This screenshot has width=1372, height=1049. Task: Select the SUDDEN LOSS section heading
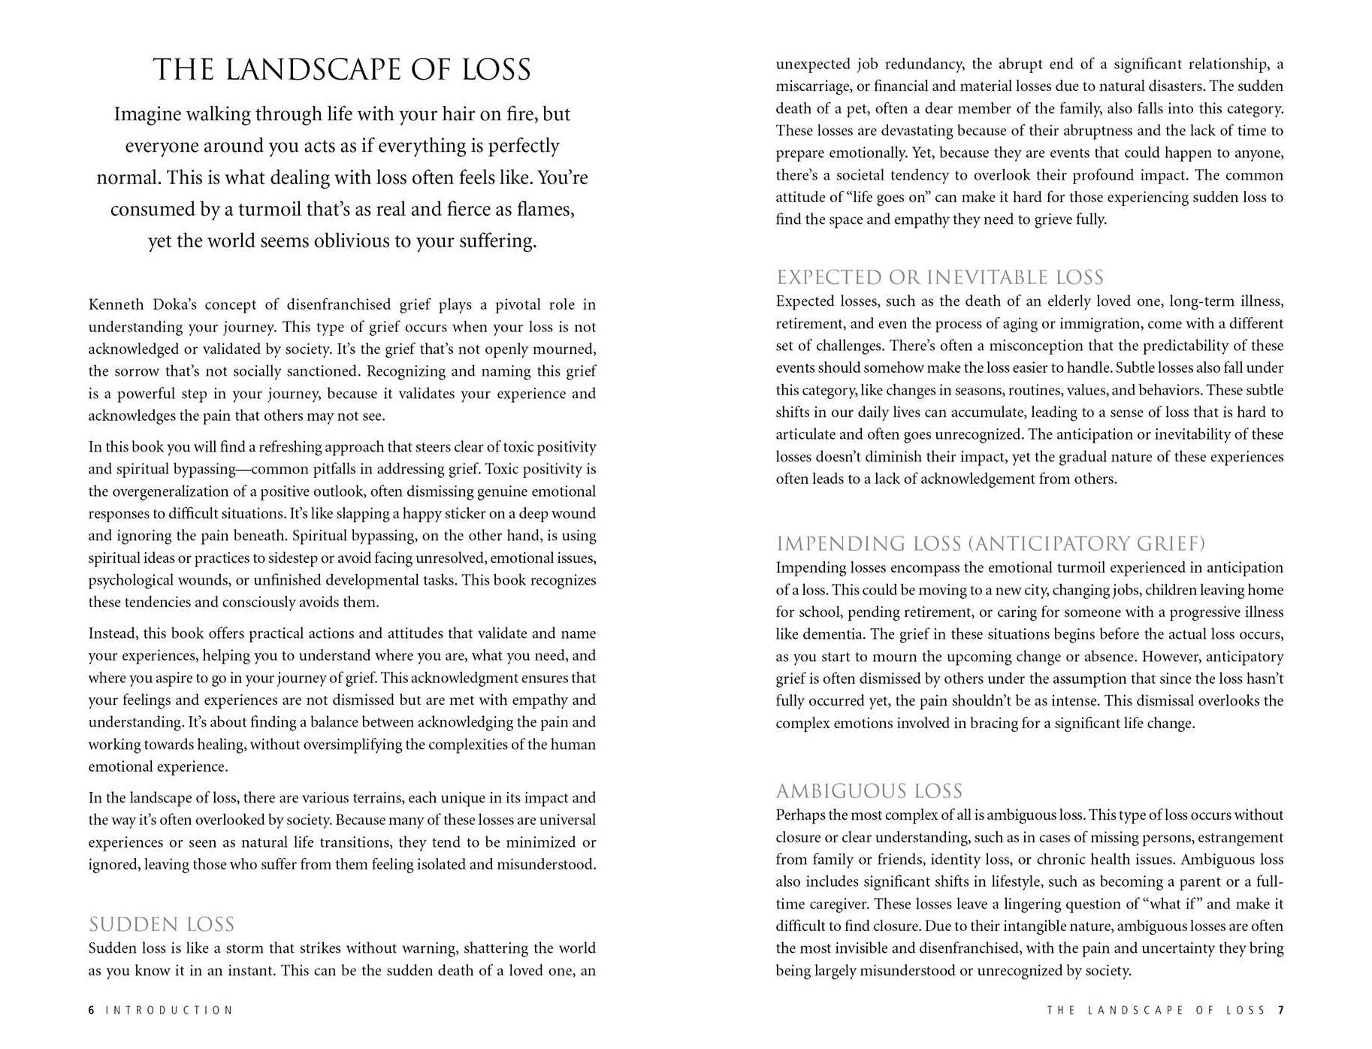(x=162, y=924)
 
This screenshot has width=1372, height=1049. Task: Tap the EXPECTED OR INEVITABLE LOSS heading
(x=940, y=277)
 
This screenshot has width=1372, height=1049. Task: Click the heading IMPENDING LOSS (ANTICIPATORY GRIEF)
(x=990, y=543)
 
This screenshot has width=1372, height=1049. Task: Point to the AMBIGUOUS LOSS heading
(x=869, y=791)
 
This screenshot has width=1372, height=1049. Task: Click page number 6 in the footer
(x=92, y=1011)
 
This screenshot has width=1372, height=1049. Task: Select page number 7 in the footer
(x=1280, y=1011)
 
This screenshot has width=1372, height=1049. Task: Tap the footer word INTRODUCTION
(x=169, y=1011)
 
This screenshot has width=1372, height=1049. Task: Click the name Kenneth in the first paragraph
(x=116, y=304)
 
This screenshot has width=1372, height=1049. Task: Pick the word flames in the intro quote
(x=546, y=209)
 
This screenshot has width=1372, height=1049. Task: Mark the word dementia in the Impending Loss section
(x=833, y=634)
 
